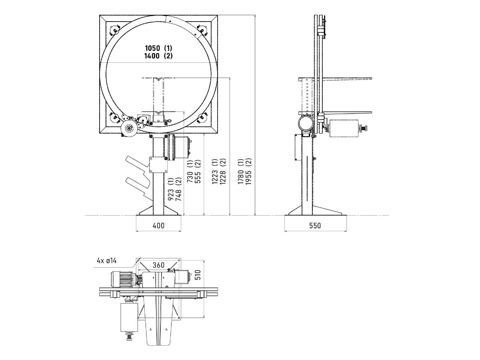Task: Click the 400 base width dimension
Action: click(x=158, y=225)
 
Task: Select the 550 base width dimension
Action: click(x=315, y=225)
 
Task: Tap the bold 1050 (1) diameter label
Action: click(x=158, y=48)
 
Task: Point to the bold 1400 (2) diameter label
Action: click(x=158, y=56)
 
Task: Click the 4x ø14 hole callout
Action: click(x=107, y=260)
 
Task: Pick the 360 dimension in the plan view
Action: click(x=158, y=265)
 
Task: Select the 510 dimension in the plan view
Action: click(x=198, y=275)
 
